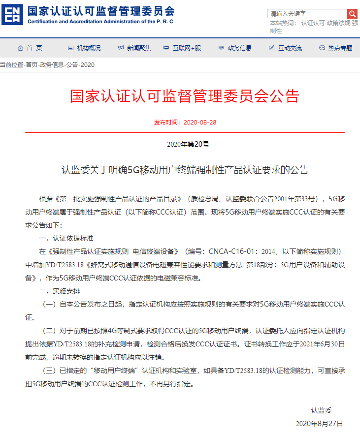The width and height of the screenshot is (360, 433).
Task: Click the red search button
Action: tap(352, 13)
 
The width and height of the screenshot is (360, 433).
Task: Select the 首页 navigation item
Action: tap(30, 48)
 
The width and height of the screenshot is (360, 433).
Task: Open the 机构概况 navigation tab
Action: tap(84, 48)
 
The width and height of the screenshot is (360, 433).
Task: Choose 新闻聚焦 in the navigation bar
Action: tap(134, 48)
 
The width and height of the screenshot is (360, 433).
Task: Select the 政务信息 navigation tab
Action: tap(235, 48)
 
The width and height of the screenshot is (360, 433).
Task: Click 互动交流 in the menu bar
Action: tap(285, 48)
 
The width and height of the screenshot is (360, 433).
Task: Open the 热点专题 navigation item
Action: tap(336, 48)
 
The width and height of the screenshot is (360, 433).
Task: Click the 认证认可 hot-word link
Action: tap(313, 23)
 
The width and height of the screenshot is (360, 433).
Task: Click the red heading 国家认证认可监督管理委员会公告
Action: tap(185, 96)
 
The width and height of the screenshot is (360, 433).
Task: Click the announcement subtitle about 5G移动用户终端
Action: tap(185, 170)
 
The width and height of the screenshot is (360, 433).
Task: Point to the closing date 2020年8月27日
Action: tap(319, 423)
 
